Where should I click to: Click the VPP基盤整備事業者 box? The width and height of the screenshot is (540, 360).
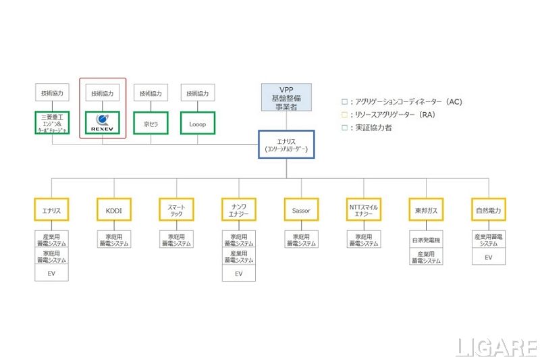tap(286, 99)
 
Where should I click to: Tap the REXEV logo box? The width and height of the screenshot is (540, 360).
tap(103, 123)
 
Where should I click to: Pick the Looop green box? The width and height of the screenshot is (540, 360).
tap(197, 124)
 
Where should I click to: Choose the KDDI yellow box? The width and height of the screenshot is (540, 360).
tap(114, 211)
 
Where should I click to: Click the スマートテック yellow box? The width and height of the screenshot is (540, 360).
tap(176, 211)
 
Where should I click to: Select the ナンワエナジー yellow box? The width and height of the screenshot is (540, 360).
tap(238, 211)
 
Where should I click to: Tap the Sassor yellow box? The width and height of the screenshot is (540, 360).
tap(301, 211)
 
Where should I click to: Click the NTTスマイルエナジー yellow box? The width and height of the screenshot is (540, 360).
tap(363, 211)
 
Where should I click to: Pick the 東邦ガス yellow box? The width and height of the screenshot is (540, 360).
tap(425, 211)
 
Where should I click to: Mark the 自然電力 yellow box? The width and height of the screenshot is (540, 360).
tap(488, 211)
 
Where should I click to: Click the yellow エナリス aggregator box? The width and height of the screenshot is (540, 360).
tap(51, 211)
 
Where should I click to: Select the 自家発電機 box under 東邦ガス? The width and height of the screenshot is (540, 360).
tap(425, 240)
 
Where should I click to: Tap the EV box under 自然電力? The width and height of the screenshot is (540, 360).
tap(488, 257)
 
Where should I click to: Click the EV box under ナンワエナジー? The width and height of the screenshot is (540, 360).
tap(238, 274)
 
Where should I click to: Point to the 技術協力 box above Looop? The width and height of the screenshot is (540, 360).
tap(197, 93)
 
